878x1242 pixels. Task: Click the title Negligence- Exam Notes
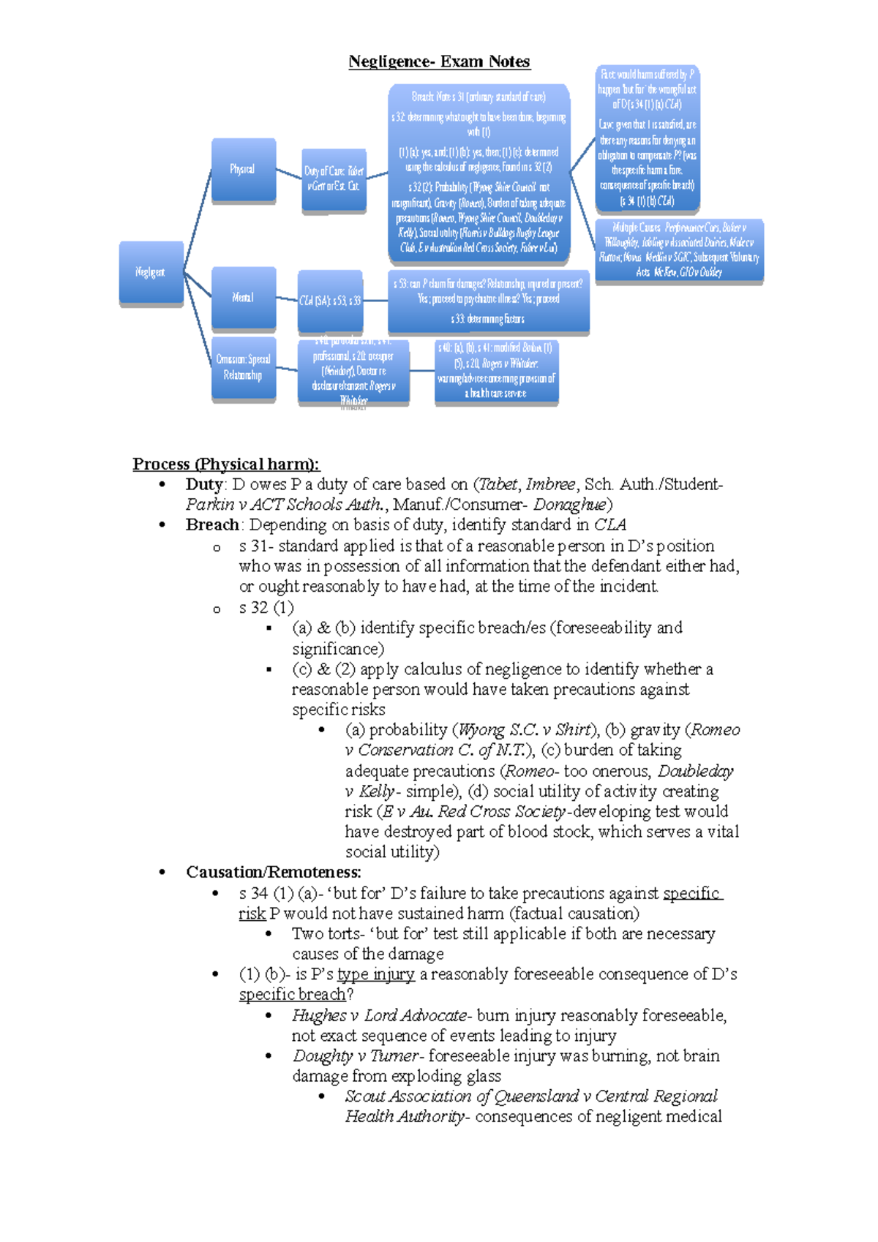click(x=439, y=61)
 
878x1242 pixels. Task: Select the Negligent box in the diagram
click(x=151, y=272)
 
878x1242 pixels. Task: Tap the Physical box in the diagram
click(x=243, y=170)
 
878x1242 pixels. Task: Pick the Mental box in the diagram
click(x=243, y=298)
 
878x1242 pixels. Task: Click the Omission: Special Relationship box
click(x=243, y=367)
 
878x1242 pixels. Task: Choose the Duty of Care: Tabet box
click(x=334, y=179)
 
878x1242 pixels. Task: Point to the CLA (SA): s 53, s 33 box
click(x=330, y=301)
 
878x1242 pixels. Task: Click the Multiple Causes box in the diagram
click(x=679, y=250)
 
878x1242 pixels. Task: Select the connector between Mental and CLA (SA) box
click(x=287, y=299)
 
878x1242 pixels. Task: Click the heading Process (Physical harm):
click(x=225, y=464)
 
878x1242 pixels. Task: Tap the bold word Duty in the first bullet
click(x=204, y=484)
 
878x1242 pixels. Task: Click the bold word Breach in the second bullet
click(x=212, y=524)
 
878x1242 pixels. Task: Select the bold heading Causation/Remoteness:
click(x=274, y=872)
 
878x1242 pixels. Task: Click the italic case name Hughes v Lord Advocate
click(x=379, y=1015)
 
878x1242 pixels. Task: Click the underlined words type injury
click(x=376, y=974)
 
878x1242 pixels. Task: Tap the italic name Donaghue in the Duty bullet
click(x=569, y=504)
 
